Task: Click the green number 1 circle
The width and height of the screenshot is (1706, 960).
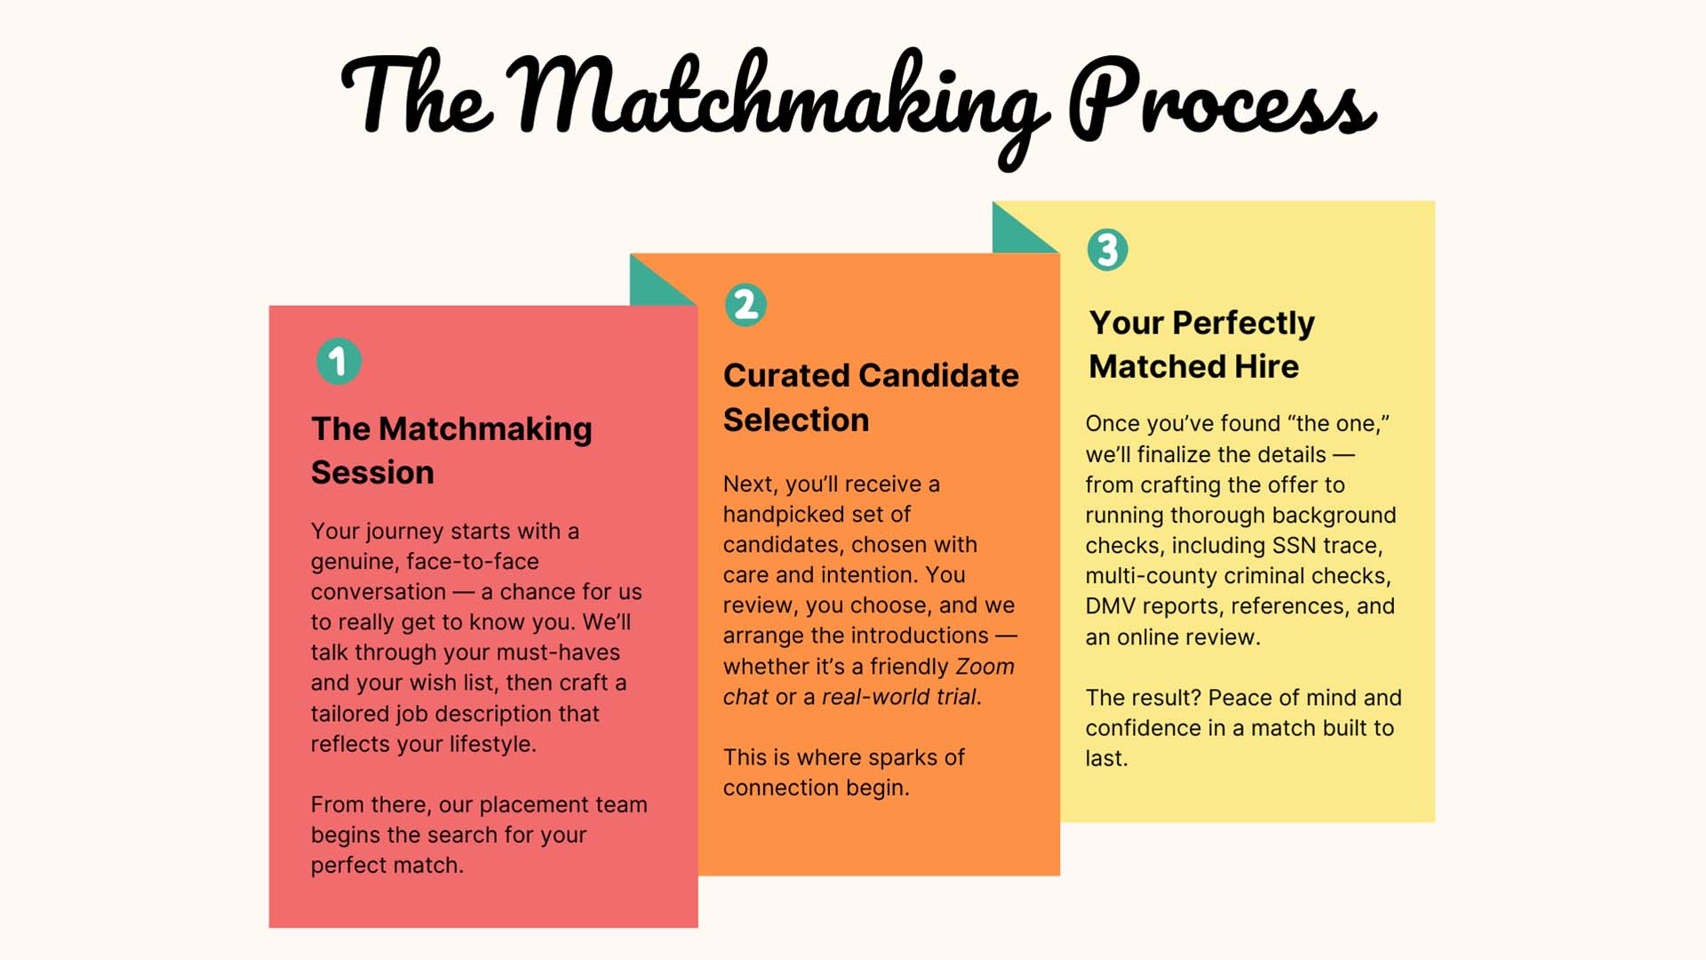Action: pyautogui.click(x=339, y=362)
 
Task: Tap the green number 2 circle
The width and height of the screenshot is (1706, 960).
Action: pyautogui.click(x=745, y=305)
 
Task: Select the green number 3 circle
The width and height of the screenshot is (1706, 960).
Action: pyautogui.click(x=1107, y=250)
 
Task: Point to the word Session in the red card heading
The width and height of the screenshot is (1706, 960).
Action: pyautogui.click(x=372, y=473)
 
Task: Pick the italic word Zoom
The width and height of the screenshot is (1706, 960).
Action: pyautogui.click(x=985, y=667)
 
